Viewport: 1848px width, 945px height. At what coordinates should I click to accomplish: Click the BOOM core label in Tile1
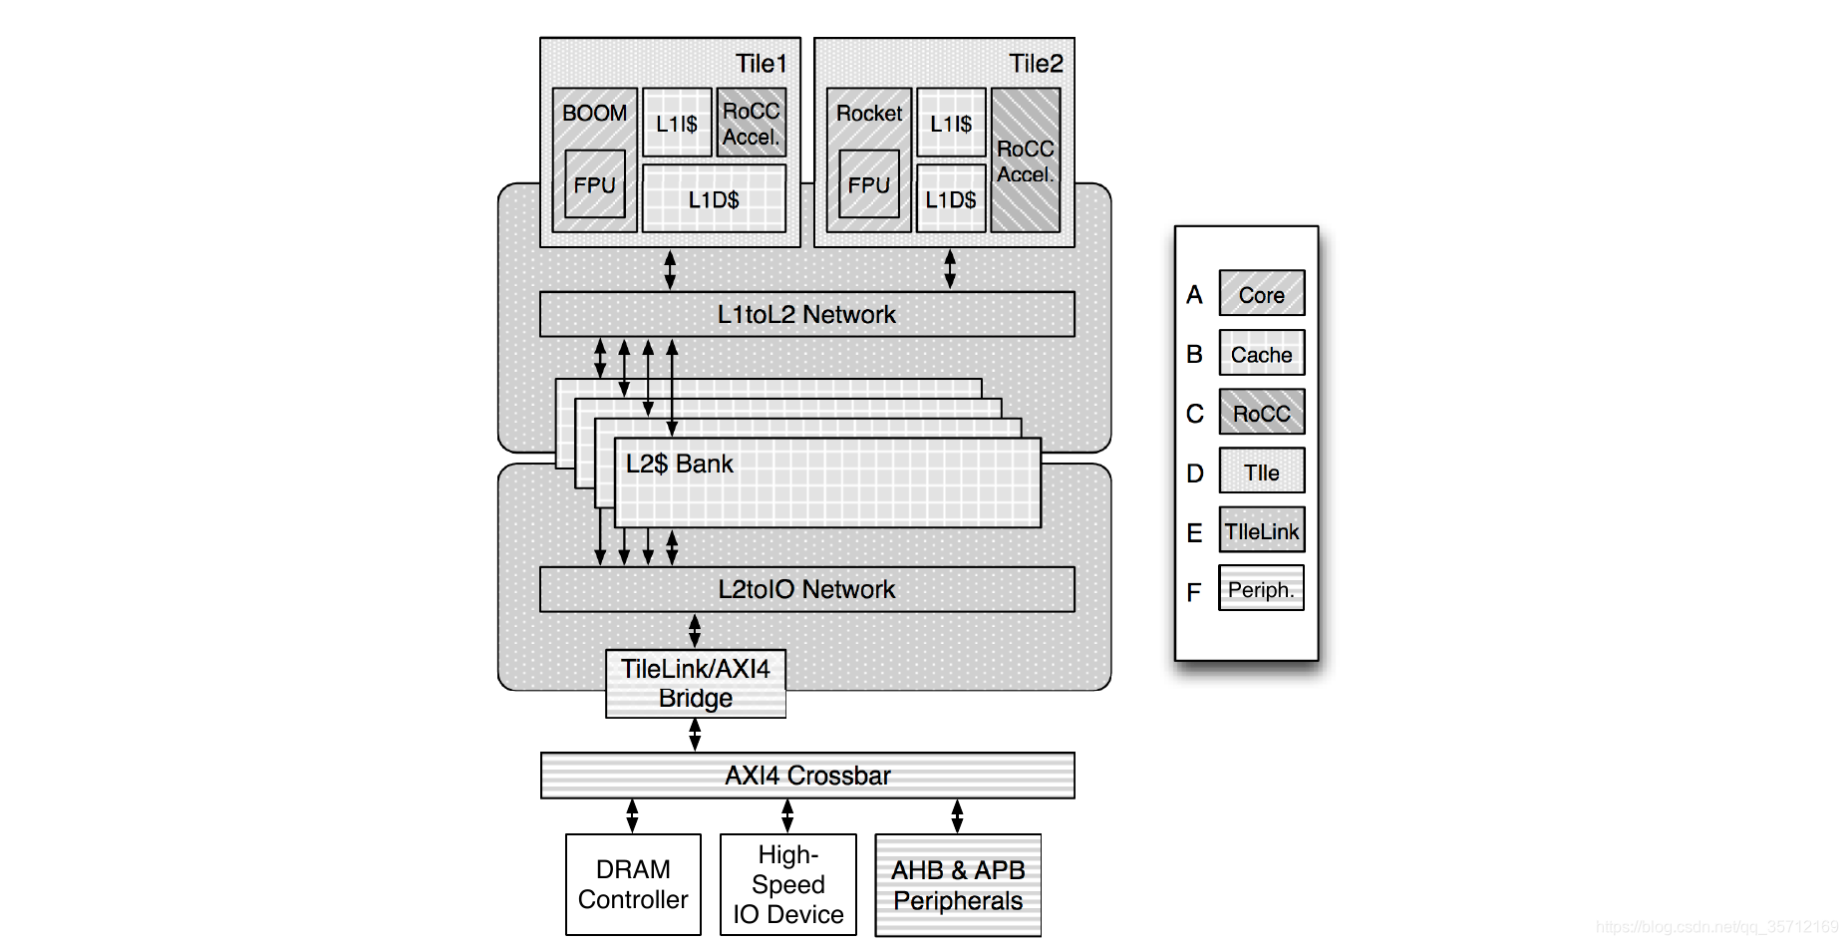point(594,113)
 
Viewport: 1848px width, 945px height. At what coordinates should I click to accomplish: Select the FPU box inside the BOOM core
point(595,184)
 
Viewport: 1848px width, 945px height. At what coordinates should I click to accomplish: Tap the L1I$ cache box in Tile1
point(677,123)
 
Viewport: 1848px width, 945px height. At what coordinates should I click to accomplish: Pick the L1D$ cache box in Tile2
point(951,199)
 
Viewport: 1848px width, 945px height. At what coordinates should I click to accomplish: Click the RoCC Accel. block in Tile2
point(1026,160)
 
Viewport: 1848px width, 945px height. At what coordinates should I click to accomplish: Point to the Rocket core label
point(869,113)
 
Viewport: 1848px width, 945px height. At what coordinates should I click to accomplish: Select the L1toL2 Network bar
point(807,314)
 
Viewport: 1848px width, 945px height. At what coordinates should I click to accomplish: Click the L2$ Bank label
point(680,464)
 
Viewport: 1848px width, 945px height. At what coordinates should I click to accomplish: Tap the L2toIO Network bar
point(807,589)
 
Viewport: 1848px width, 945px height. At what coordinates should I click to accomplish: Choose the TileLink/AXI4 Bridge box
point(696,684)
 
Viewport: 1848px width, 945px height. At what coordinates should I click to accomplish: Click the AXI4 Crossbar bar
point(807,776)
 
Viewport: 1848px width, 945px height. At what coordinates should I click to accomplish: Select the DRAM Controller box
point(633,884)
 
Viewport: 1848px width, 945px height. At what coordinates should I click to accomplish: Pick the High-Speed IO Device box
point(788,884)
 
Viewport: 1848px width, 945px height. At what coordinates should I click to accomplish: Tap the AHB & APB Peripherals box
point(958,885)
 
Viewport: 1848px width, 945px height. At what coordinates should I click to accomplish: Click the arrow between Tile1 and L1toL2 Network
point(670,269)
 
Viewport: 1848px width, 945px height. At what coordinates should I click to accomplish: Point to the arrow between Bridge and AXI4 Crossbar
point(695,735)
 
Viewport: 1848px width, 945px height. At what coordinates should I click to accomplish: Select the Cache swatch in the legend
point(1262,353)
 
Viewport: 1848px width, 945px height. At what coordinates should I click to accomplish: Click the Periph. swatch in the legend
point(1262,588)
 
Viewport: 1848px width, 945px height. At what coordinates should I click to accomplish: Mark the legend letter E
point(1194,533)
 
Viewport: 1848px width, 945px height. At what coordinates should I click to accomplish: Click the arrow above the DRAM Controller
point(632,816)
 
